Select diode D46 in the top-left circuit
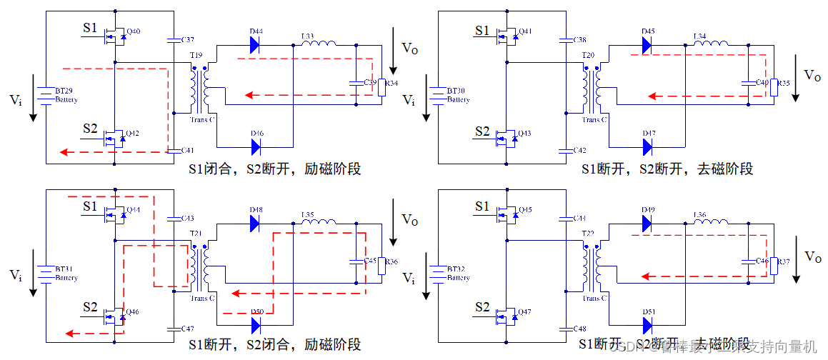(256, 146)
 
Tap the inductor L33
(319, 44)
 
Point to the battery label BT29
(65, 91)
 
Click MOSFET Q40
(116, 35)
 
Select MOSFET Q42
(116, 137)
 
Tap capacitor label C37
(188, 39)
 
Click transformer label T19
(196, 56)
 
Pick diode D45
(647, 44)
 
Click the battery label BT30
(457, 91)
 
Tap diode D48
(256, 222)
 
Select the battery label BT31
(65, 269)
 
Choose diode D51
(647, 325)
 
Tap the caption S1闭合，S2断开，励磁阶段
(274, 169)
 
